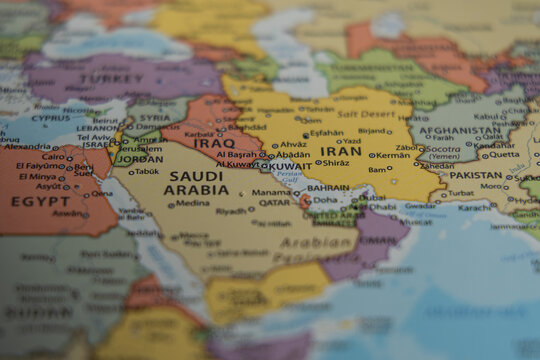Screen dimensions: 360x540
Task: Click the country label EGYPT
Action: coord(40,201)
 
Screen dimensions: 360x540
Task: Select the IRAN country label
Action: coord(341,152)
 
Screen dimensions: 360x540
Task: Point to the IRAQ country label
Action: coord(213,143)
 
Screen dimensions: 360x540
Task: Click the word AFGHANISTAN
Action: coord(460,130)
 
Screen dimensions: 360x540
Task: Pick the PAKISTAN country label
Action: coord(475,175)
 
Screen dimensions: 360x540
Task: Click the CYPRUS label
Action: coord(50,117)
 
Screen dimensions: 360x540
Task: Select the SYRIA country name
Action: coord(154,118)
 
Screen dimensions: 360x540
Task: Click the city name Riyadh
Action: coord(231,211)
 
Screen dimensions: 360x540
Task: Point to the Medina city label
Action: coord(193,202)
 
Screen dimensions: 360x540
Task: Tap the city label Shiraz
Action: coord(336,163)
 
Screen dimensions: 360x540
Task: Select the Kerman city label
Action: coord(393,155)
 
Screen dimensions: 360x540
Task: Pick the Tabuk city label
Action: coord(146,171)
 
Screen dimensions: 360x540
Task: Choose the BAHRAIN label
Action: coord(328,187)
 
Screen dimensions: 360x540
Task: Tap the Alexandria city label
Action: coord(26,146)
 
